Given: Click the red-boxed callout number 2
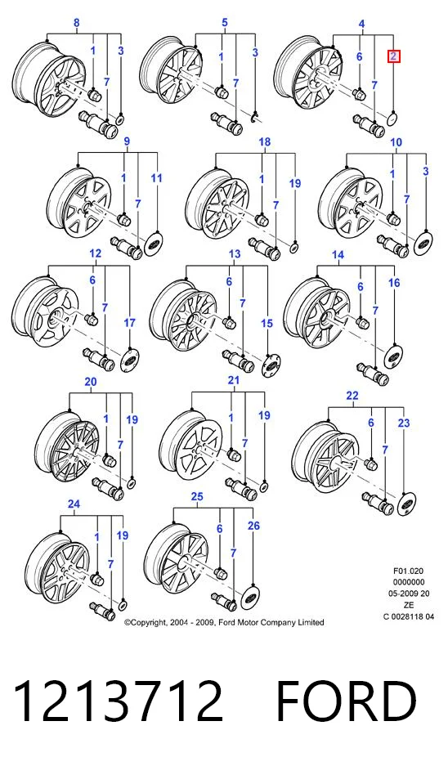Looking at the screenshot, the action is (394, 56).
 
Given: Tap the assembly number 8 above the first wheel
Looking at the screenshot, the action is (76, 22).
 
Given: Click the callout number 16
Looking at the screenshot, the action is (394, 283).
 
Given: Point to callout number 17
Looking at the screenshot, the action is (129, 323).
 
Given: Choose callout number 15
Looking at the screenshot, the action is (267, 324).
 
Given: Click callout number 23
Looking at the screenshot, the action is (404, 423).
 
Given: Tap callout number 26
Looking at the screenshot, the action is (253, 526).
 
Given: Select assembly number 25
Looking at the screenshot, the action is (197, 497).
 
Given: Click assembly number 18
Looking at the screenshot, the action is (264, 142).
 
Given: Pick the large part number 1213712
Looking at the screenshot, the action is (117, 701).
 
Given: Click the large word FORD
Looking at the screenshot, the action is (347, 701).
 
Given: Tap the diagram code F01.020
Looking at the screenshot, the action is (409, 571).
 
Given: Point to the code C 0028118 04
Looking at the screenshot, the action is (409, 616).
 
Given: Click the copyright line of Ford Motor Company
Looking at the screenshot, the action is (224, 622).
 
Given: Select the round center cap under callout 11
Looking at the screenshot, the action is (156, 241).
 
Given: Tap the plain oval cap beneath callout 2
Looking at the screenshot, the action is (393, 119).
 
